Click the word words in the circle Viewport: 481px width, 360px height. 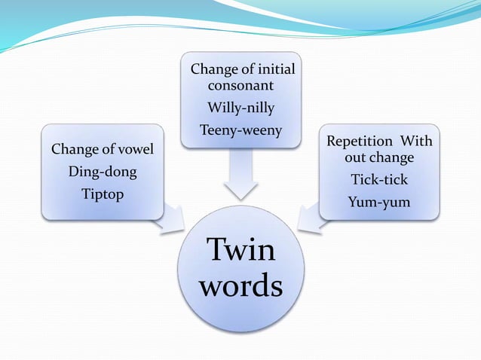(241, 287)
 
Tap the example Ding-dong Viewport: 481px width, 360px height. (103, 172)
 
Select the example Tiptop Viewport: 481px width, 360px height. (103, 194)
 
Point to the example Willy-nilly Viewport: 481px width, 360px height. (240, 109)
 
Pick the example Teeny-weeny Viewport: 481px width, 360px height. (240, 130)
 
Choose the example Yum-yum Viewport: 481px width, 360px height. (379, 201)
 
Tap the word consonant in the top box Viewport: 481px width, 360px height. (240, 87)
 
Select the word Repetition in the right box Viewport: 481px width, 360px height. (359, 142)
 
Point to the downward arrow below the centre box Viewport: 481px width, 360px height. (240, 178)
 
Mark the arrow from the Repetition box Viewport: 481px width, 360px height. (311, 218)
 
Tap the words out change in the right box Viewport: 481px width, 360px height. (379, 159)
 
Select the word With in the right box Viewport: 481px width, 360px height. (415, 142)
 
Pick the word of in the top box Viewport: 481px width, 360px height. (246, 69)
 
